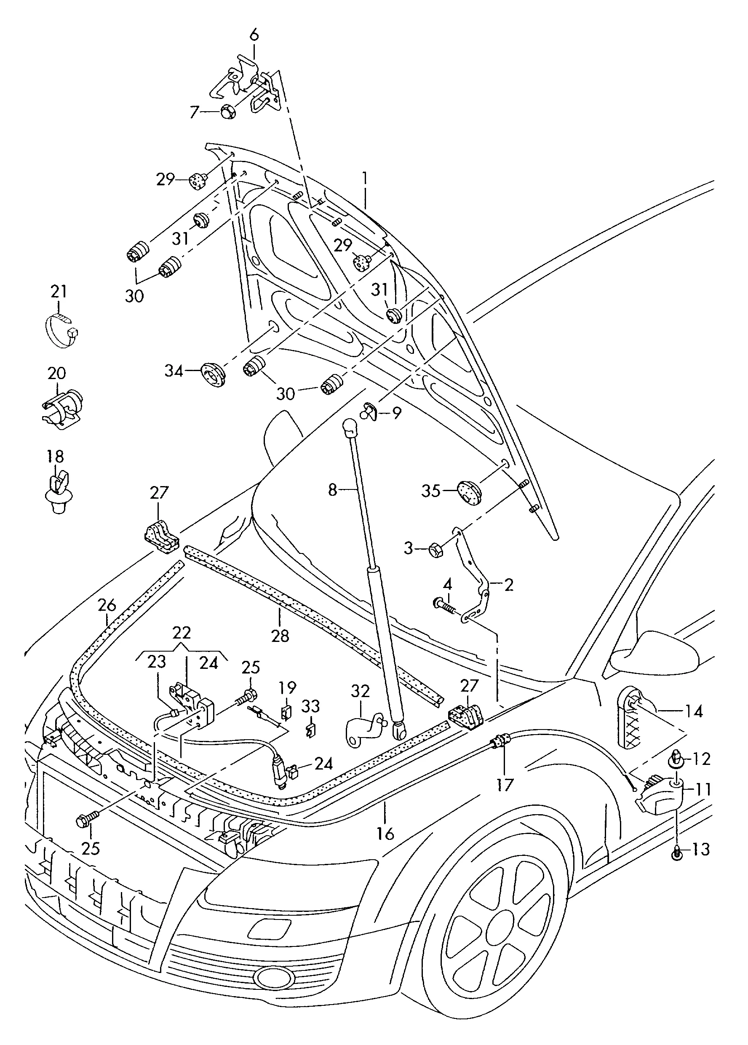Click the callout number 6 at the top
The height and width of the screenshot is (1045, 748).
pyautogui.click(x=254, y=35)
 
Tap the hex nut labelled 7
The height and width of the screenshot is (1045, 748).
pyautogui.click(x=227, y=112)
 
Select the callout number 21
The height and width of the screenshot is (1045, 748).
pyautogui.click(x=59, y=291)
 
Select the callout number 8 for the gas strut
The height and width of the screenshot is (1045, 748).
pyautogui.click(x=333, y=489)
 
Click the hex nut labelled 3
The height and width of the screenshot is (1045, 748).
pyautogui.click(x=436, y=549)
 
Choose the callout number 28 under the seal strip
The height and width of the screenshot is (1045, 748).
pyautogui.click(x=280, y=636)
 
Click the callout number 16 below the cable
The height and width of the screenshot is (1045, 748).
pyautogui.click(x=385, y=833)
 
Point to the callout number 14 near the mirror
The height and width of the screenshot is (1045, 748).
pyautogui.click(x=694, y=711)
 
